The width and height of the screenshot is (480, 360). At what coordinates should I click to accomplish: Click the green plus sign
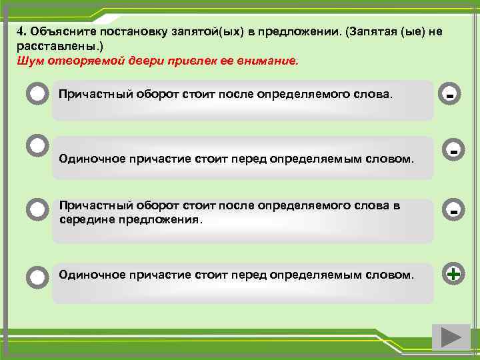(453, 273)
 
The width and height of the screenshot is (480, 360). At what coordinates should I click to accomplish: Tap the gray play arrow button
(446, 337)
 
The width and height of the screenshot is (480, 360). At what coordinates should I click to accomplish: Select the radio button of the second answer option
(37, 145)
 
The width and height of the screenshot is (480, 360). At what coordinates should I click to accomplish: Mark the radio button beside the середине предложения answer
(37, 209)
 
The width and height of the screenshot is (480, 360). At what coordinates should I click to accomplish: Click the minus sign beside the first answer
(451, 96)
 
